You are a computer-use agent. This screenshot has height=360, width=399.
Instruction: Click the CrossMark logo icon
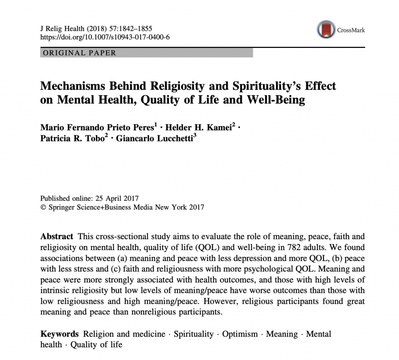pos(327,30)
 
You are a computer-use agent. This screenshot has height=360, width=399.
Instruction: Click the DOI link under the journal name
pos(105,37)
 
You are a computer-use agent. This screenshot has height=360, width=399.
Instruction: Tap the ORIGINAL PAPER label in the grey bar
pos(79,53)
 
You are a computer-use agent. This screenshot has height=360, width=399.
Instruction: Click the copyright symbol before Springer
pos(43,207)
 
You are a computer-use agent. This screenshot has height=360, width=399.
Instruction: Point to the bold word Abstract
pos(56,236)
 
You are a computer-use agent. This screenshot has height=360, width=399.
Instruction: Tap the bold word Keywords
pos(60,334)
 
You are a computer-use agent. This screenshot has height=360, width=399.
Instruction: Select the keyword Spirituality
pos(194,334)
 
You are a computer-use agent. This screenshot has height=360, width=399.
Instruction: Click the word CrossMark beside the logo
pos(351,30)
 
